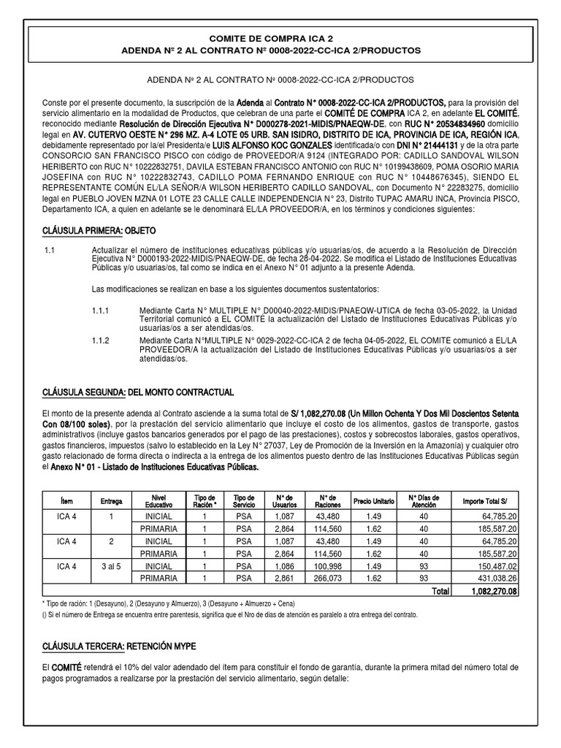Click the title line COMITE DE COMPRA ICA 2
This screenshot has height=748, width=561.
[280, 37]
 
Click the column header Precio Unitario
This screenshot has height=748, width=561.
[373, 501]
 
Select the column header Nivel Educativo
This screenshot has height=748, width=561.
[159, 501]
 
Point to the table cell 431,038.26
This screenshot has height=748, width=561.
[492, 579]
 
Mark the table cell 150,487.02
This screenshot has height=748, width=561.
[492, 565]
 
